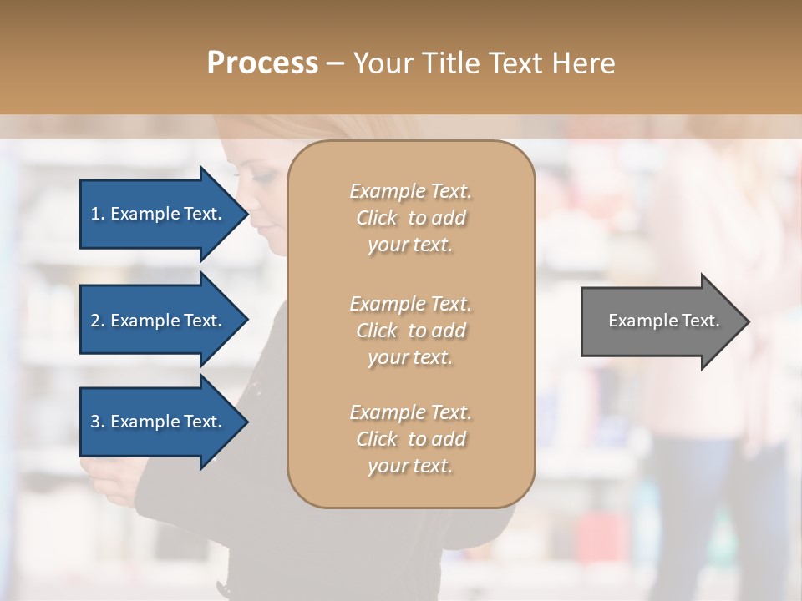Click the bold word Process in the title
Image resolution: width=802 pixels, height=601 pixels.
[x=262, y=63]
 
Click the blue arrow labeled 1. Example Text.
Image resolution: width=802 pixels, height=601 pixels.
[x=159, y=214]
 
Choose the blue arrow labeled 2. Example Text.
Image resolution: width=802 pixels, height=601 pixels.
[x=159, y=321]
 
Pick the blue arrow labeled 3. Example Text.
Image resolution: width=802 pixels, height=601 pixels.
[x=159, y=422]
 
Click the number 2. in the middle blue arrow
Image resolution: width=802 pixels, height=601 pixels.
[x=98, y=321]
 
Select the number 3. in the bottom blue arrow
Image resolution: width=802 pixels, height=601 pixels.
[x=98, y=422]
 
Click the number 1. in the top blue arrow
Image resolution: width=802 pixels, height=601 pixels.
[x=98, y=214]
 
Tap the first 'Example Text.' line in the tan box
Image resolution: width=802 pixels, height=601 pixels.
[x=410, y=191]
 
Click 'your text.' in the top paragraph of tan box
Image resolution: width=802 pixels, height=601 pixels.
[x=410, y=245]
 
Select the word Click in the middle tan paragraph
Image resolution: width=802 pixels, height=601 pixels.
[x=377, y=331]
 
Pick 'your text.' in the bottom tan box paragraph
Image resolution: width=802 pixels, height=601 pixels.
[x=410, y=467]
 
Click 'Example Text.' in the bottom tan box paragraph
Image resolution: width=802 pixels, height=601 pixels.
[x=410, y=412]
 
